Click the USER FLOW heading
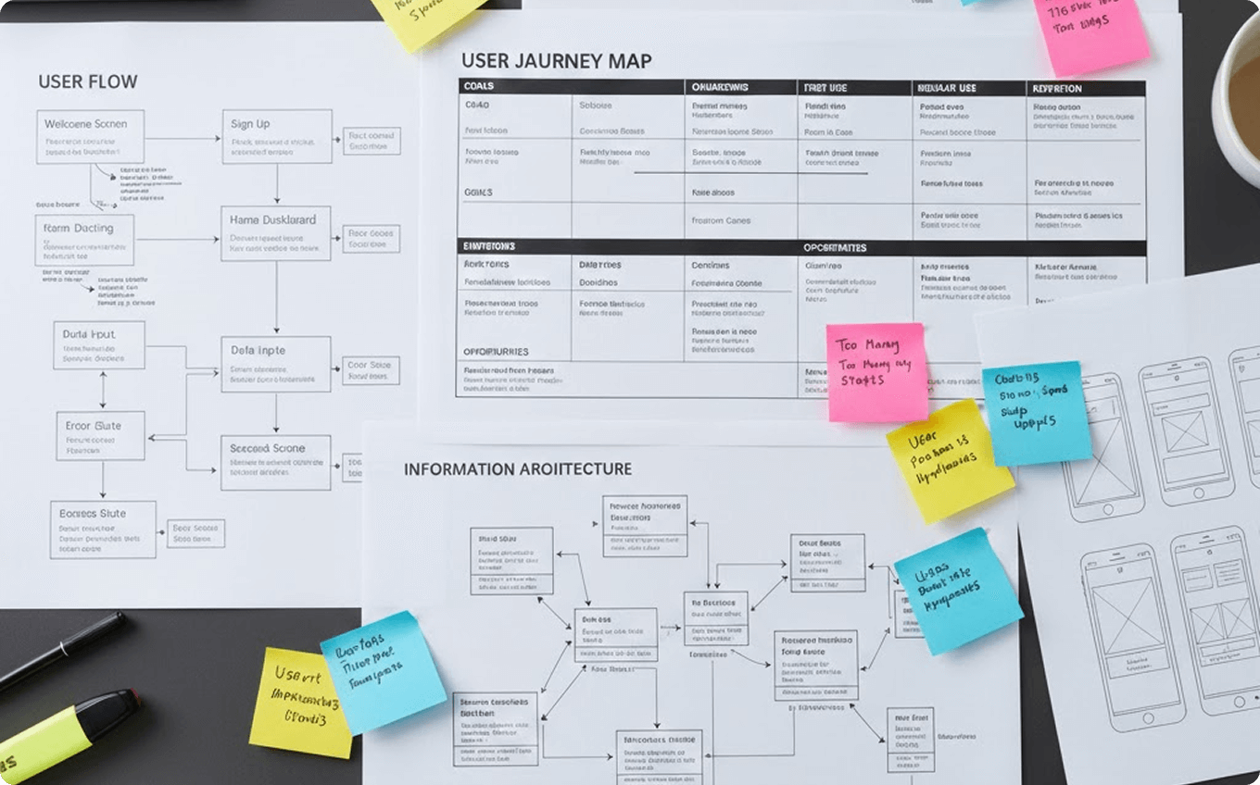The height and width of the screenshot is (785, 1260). point(87,81)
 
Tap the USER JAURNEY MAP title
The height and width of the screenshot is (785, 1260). point(556,61)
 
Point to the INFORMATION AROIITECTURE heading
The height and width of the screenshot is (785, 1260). point(517,469)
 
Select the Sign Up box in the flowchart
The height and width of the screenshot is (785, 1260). point(276,136)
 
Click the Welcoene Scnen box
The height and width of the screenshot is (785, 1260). point(90,136)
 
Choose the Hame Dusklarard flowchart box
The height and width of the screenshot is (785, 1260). point(275,232)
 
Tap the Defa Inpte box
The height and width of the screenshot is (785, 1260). point(275,363)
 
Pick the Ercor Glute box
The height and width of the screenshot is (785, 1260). point(99,435)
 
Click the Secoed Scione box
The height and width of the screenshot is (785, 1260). point(275,461)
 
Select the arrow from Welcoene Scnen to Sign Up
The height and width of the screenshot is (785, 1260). point(183,139)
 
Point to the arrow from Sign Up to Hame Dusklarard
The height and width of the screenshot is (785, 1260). point(276,184)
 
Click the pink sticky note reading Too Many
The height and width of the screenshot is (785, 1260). point(876,371)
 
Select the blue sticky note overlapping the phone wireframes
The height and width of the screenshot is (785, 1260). point(1036,412)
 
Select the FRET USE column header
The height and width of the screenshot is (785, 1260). point(825,88)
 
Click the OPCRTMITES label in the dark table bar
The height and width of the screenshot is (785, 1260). point(835,247)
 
